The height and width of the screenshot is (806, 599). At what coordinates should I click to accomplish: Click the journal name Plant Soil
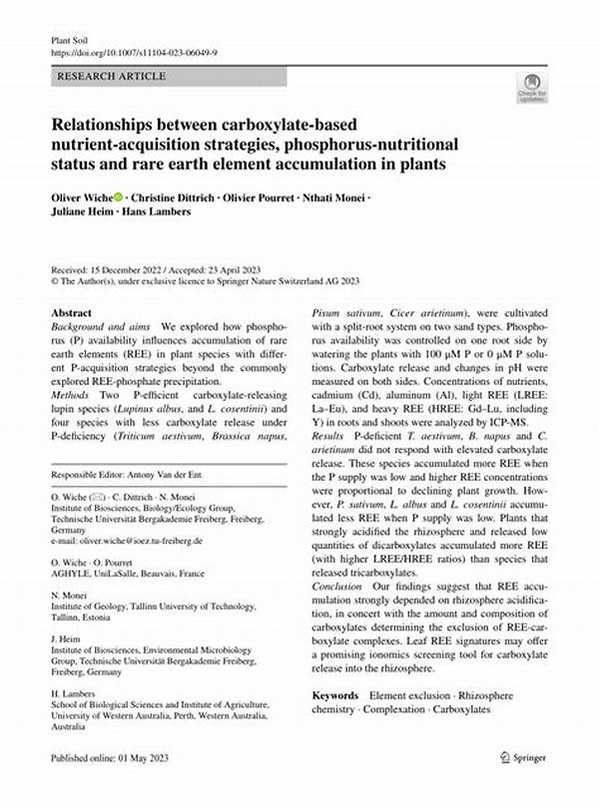click(69, 39)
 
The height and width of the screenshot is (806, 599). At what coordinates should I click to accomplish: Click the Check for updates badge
click(530, 88)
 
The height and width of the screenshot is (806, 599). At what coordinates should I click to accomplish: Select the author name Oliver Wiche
click(81, 199)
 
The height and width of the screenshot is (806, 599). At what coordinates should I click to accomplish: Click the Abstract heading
click(71, 312)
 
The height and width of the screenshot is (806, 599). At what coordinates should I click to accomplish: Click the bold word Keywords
click(334, 693)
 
